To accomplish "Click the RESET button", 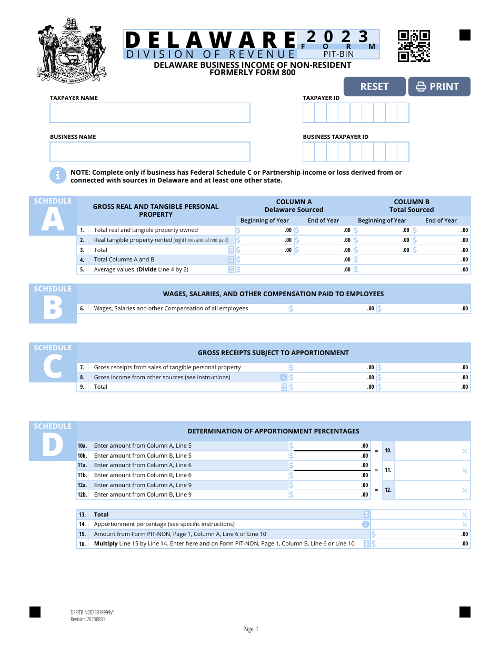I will click(x=374, y=87).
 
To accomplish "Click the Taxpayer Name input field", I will click(x=150, y=113).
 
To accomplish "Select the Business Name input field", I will click(x=150, y=152).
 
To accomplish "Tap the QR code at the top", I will click(x=414, y=46).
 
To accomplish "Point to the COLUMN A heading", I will click(x=294, y=201).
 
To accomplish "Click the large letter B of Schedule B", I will click(x=53, y=309).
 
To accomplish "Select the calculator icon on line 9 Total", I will click(x=284, y=387).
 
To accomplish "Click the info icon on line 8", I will click(x=284, y=377).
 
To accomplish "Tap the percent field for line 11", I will click(x=432, y=470).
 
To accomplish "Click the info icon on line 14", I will click(x=366, y=524).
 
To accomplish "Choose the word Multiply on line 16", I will click(x=106, y=544).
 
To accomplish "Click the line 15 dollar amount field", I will click(x=421, y=534).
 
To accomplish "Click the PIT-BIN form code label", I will click(x=338, y=54).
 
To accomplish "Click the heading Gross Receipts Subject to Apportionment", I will click(x=273, y=353).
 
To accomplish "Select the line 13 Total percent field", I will click(x=421, y=514).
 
